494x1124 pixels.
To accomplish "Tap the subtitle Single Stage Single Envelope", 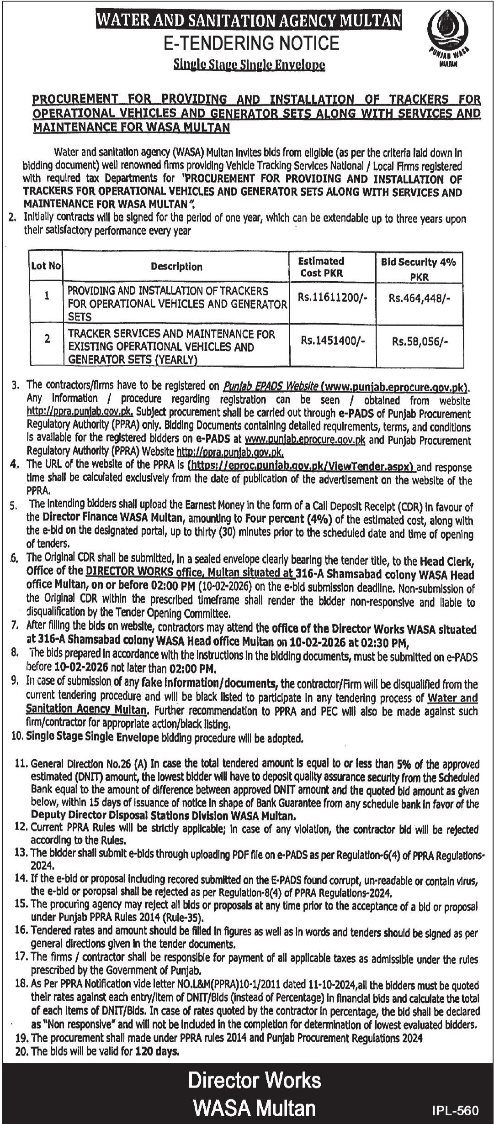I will click(x=249, y=65).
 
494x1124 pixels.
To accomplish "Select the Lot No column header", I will click(x=46, y=266).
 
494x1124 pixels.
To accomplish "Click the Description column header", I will click(x=176, y=267).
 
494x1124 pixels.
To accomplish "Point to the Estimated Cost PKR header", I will click(x=321, y=267).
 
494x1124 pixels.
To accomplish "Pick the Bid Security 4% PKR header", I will click(x=419, y=268).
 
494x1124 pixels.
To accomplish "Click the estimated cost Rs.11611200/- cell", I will click(x=332, y=297).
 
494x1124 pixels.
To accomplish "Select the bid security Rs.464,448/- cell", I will click(x=419, y=298).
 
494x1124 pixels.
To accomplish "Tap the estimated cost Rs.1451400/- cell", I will click(x=332, y=340).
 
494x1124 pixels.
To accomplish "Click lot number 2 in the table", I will click(x=47, y=339).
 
